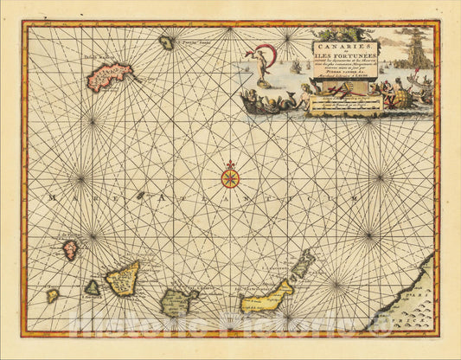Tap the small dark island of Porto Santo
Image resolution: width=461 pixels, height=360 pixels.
click(166, 42)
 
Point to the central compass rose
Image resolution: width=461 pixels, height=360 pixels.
click(230, 178)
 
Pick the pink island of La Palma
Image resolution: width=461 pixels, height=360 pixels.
click(70, 250)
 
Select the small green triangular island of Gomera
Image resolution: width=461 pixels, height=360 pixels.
click(92, 288)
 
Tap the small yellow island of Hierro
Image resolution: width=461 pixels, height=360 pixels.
click(53, 296)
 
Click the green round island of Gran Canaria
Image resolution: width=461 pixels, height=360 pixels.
click(180, 301)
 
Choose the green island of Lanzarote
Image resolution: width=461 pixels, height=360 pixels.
click(303, 264)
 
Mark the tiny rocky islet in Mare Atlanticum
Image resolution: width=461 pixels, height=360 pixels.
click(140, 196)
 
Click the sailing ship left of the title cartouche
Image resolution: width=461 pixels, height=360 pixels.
click(294, 65)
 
